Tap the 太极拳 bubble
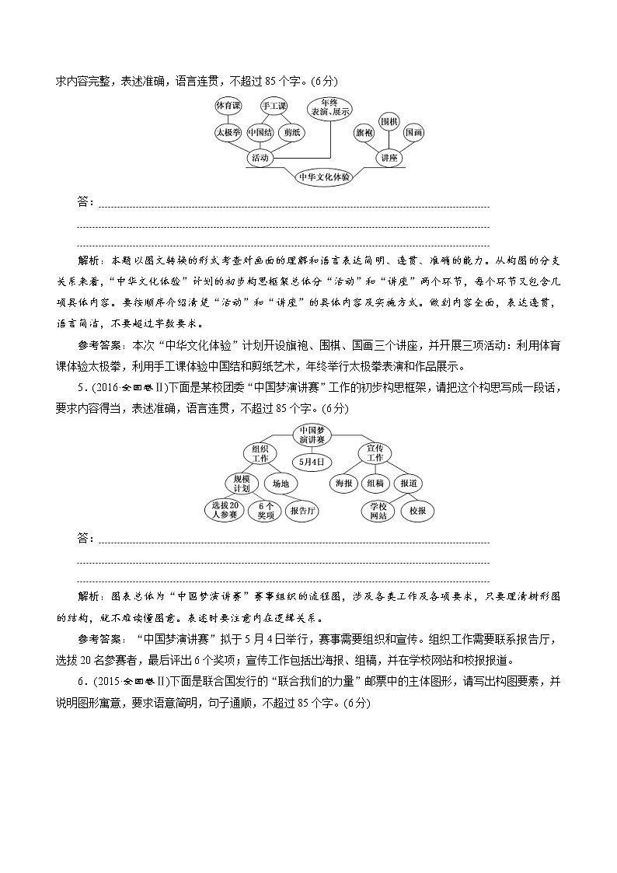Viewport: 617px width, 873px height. pos(229,132)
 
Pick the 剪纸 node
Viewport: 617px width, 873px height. pos(292,132)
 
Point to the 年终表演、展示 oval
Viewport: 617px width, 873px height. pos(330,107)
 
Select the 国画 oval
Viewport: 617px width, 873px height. pos(414,132)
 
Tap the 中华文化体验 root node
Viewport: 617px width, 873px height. pos(325,176)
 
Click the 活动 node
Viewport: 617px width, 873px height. pos(260,158)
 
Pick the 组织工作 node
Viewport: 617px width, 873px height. pos(260,453)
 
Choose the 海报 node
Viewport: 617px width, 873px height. pos(343,483)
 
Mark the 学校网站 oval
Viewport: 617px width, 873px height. pos(378,511)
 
